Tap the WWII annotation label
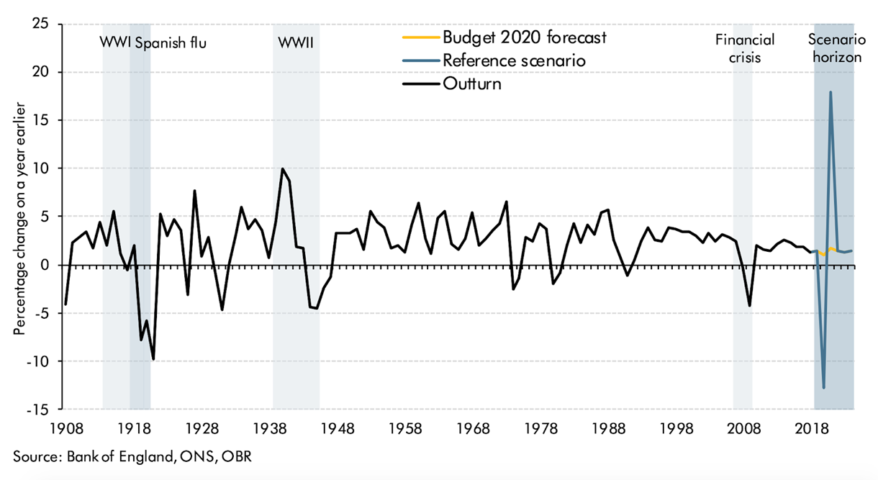coord(296,42)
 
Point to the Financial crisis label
coord(743,48)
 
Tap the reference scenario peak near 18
coord(831,92)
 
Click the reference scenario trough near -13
coord(823,388)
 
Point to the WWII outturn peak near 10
coord(282,169)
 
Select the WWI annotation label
coord(114,42)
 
